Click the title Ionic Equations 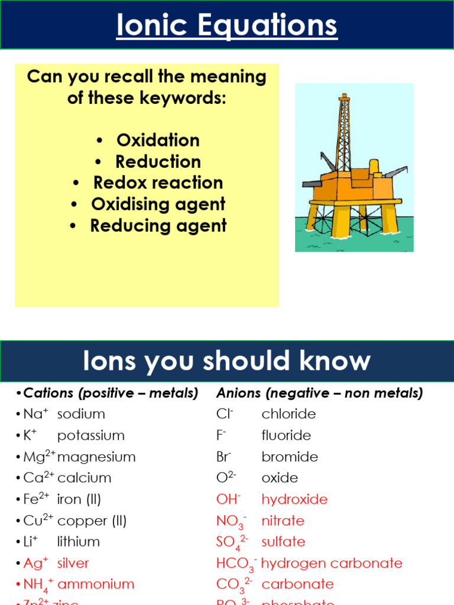click(x=227, y=26)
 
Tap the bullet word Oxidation click(x=158, y=140)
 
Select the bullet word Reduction click(x=158, y=161)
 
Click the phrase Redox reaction click(x=158, y=183)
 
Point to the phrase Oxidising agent click(x=158, y=204)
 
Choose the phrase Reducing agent click(x=158, y=225)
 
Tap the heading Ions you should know click(x=227, y=361)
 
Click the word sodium click(x=81, y=414)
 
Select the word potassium click(x=91, y=435)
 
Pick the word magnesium click(x=96, y=457)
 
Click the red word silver click(x=73, y=563)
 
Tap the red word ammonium click(x=96, y=584)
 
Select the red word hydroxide click(x=294, y=499)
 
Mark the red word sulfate click(x=283, y=542)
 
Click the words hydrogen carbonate click(x=332, y=563)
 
